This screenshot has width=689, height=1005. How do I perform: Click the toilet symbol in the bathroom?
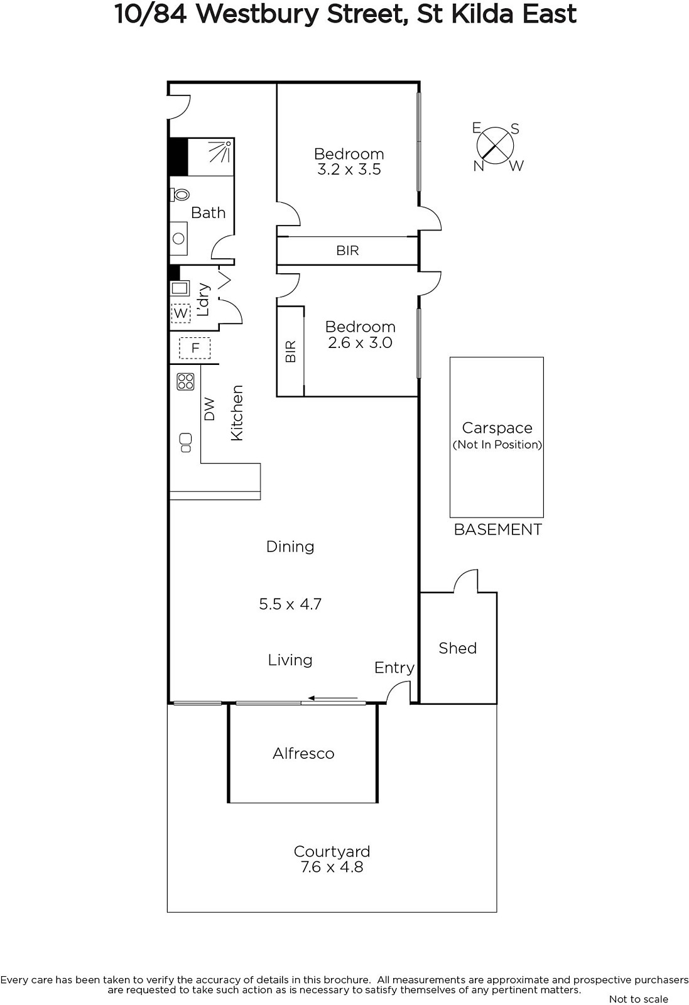[x=180, y=195]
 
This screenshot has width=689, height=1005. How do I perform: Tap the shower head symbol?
[x=220, y=151]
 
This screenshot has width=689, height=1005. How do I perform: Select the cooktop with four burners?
[x=185, y=381]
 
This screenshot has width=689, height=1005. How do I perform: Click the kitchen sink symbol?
[x=185, y=442]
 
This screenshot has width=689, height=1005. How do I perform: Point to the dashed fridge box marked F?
[x=195, y=348]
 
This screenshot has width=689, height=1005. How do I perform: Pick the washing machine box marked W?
[x=181, y=313]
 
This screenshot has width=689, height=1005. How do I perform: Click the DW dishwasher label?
[x=210, y=410]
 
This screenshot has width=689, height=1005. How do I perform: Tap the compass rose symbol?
[x=495, y=146]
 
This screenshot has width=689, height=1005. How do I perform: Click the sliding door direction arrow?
[x=332, y=698]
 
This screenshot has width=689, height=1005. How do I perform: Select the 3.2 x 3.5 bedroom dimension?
[x=349, y=170]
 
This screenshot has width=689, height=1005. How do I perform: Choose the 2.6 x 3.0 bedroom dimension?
[x=360, y=343]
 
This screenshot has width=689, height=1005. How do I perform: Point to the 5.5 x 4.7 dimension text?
[x=290, y=604]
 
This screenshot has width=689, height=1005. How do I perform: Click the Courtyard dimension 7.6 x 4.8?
[x=332, y=867]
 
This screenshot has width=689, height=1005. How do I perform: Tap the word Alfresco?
[x=304, y=753]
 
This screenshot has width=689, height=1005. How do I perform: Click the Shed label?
[x=457, y=648]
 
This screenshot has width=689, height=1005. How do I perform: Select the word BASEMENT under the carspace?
[x=498, y=530]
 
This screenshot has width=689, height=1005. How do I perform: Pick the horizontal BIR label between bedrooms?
[x=347, y=251]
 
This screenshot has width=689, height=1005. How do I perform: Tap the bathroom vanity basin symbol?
[x=178, y=238]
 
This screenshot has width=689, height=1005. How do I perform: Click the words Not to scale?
[x=639, y=999]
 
